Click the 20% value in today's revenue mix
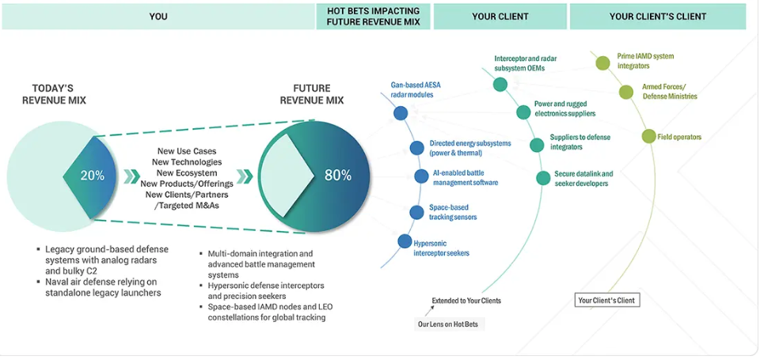(92, 175)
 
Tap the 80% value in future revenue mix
(338, 175)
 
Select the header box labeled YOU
(158, 17)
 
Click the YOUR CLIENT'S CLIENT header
(657, 17)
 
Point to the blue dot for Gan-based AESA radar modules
(401, 113)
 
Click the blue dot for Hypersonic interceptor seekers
(404, 242)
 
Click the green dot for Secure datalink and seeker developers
(542, 178)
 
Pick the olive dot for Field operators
(648, 136)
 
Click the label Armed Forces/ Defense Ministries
(669, 91)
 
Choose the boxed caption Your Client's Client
(606, 301)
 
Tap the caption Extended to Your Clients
(466, 301)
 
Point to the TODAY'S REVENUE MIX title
(54, 94)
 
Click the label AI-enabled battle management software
(465, 177)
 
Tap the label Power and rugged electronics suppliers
(572, 108)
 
